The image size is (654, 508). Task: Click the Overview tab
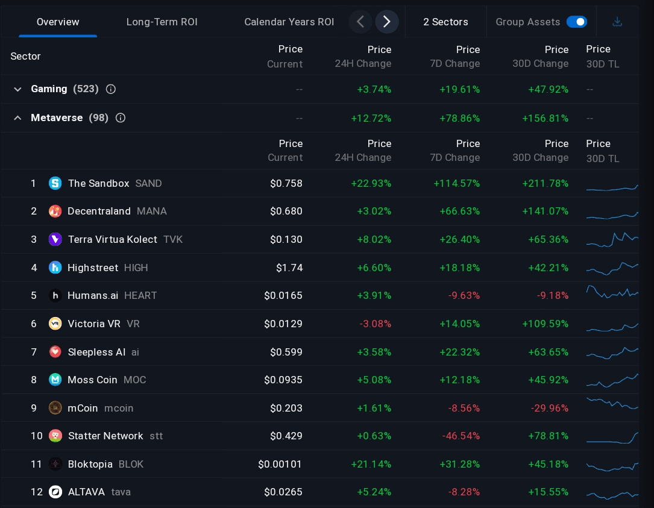(58, 22)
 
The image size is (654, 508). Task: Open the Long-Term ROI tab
(162, 22)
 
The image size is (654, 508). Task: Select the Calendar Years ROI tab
(289, 22)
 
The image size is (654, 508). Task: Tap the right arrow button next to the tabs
(387, 22)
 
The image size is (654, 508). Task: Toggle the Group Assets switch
(576, 22)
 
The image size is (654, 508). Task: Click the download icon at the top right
(617, 22)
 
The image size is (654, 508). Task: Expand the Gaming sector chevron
(17, 89)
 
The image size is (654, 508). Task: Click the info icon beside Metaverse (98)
(121, 118)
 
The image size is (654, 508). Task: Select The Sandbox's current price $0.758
(286, 183)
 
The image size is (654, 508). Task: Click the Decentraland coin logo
(55, 212)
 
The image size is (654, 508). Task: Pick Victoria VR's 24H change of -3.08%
(375, 324)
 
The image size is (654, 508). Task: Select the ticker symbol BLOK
(131, 465)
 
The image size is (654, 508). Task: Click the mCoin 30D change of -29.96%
(549, 409)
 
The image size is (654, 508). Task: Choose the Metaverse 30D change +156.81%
(545, 118)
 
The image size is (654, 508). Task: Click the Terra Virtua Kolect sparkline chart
(612, 240)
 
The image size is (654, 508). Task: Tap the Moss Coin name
(92, 380)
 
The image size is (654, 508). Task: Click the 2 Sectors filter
(445, 22)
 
